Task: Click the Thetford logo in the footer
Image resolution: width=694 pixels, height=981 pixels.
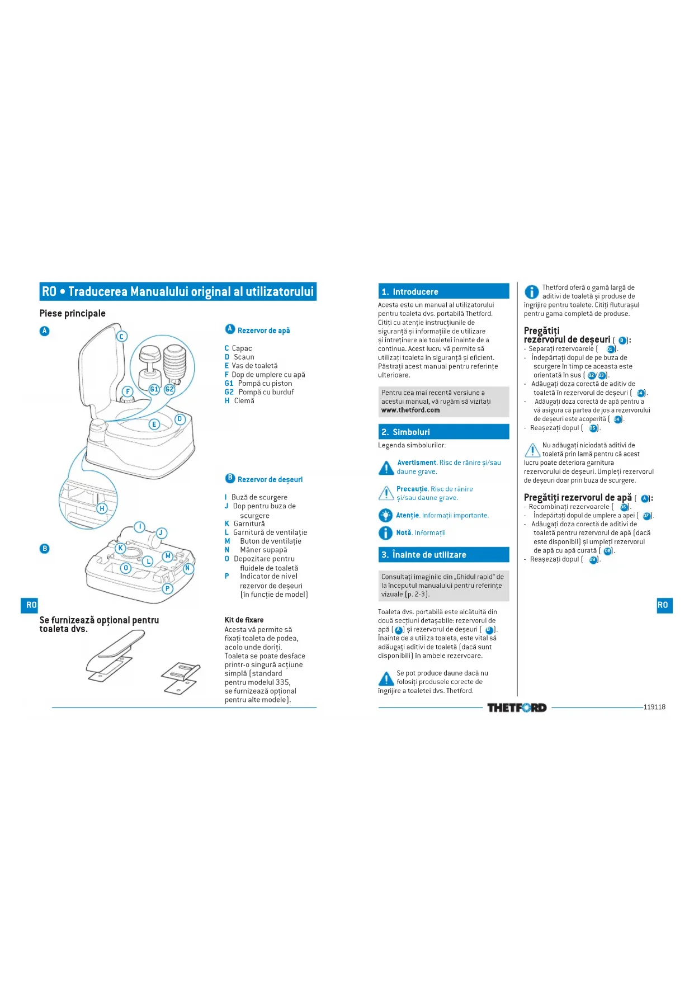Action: point(516,708)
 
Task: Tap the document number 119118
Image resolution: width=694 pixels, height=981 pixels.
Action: point(654,707)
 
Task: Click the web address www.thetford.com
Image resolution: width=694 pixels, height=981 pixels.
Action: point(410,410)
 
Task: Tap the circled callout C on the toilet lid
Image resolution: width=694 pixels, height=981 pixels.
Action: point(121,336)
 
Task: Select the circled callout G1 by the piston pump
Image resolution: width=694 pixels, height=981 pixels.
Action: point(154,389)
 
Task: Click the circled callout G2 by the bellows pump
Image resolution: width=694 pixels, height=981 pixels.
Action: point(169,389)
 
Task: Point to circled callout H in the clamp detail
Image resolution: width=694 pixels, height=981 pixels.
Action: point(102,508)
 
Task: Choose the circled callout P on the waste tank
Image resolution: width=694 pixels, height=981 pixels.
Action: point(167,588)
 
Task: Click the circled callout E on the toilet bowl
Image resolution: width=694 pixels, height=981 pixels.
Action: point(154,424)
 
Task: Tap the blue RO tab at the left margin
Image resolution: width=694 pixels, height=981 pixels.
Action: point(31,605)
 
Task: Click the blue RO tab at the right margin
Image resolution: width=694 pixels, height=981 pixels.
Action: point(663,605)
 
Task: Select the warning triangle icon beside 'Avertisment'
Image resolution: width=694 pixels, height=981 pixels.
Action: point(386,468)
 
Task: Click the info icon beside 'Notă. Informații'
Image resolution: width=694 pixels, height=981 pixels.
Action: point(385,533)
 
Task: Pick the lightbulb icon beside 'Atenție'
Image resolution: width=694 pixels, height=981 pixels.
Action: point(385,515)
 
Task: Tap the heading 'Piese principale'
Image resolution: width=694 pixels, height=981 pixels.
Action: point(73,313)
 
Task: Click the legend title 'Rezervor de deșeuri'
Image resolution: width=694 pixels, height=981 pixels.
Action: point(270,479)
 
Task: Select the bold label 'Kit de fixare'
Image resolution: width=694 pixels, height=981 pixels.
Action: point(244,620)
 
